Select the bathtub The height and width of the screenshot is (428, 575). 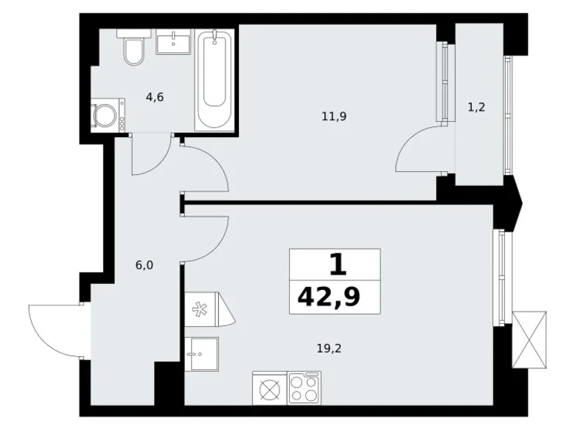click(x=215, y=80)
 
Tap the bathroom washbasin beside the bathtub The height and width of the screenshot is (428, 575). click(x=174, y=41)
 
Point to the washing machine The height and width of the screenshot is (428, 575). click(x=108, y=116)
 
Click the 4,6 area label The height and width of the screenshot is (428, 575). click(x=154, y=97)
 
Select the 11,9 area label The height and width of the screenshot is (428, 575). click(x=333, y=115)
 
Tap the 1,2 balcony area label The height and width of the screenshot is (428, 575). click(x=476, y=106)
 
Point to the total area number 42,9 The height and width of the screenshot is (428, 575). click(x=335, y=297)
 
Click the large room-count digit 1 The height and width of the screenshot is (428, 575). click(x=335, y=264)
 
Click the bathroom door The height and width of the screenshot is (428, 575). click(x=150, y=156)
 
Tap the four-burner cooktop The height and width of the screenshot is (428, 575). click(x=304, y=387)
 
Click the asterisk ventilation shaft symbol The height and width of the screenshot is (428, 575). click(x=199, y=308)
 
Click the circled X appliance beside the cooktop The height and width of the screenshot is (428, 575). click(x=269, y=387)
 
